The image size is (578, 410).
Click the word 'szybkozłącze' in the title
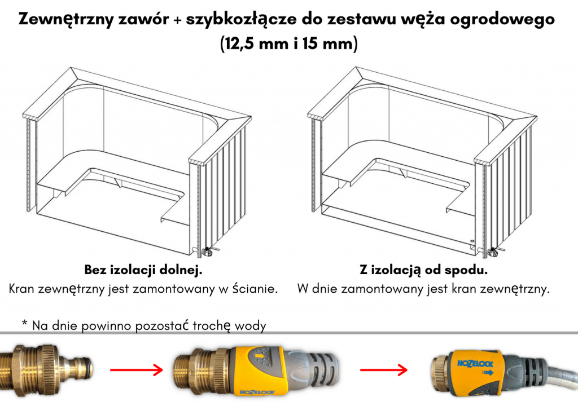(240, 19)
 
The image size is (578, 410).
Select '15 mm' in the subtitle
(328, 43)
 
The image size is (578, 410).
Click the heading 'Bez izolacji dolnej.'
(143, 270)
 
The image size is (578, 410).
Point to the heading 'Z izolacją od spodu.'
(423, 270)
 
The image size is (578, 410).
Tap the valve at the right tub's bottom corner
(492, 252)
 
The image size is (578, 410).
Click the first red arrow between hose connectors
(137, 369)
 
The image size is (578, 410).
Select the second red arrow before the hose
(384, 369)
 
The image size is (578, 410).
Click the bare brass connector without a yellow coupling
(46, 369)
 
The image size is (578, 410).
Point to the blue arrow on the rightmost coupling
(488, 372)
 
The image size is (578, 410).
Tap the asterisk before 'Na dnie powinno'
(25, 324)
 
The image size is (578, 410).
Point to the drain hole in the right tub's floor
(472, 240)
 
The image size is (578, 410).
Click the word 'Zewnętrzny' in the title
(65, 19)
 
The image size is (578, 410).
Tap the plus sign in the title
(177, 20)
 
